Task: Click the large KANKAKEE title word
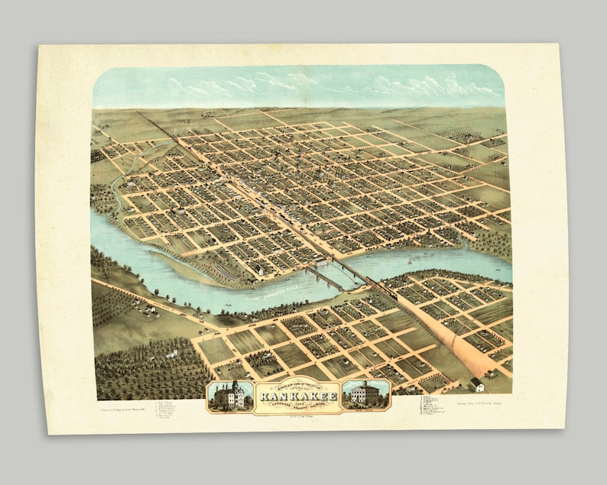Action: click(x=298, y=396)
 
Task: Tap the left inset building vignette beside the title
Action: click(x=230, y=395)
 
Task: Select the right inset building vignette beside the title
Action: click(x=366, y=394)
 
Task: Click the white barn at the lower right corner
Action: click(x=477, y=383)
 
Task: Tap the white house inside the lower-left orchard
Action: click(x=173, y=353)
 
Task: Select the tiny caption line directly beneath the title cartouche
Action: click(x=298, y=417)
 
